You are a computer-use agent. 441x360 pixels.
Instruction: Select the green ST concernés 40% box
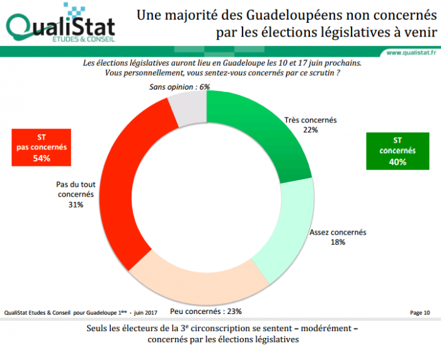397,151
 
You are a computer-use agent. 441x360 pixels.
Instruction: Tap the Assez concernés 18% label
338,236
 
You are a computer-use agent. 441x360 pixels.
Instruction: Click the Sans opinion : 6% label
180,86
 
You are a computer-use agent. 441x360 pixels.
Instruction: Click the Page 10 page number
419,312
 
